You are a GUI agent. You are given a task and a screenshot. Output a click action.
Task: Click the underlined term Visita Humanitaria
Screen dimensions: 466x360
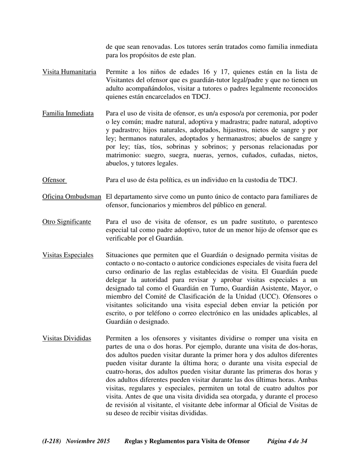coord(69,72)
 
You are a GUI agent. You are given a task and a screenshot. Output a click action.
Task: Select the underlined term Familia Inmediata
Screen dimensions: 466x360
coord(68,114)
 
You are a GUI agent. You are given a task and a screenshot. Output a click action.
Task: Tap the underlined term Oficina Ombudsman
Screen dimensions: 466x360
coord(72,197)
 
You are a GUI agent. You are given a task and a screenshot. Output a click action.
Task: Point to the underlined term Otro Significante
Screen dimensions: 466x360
coord(67,222)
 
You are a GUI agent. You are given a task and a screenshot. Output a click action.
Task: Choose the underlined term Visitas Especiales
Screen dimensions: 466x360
coord(68,255)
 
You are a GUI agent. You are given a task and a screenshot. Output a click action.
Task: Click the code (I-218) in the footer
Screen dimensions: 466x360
coord(52,441)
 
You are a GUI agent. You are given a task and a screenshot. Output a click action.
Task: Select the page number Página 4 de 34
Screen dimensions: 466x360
coord(287,441)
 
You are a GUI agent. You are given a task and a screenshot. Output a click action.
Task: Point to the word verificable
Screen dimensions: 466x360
coord(122,239)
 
